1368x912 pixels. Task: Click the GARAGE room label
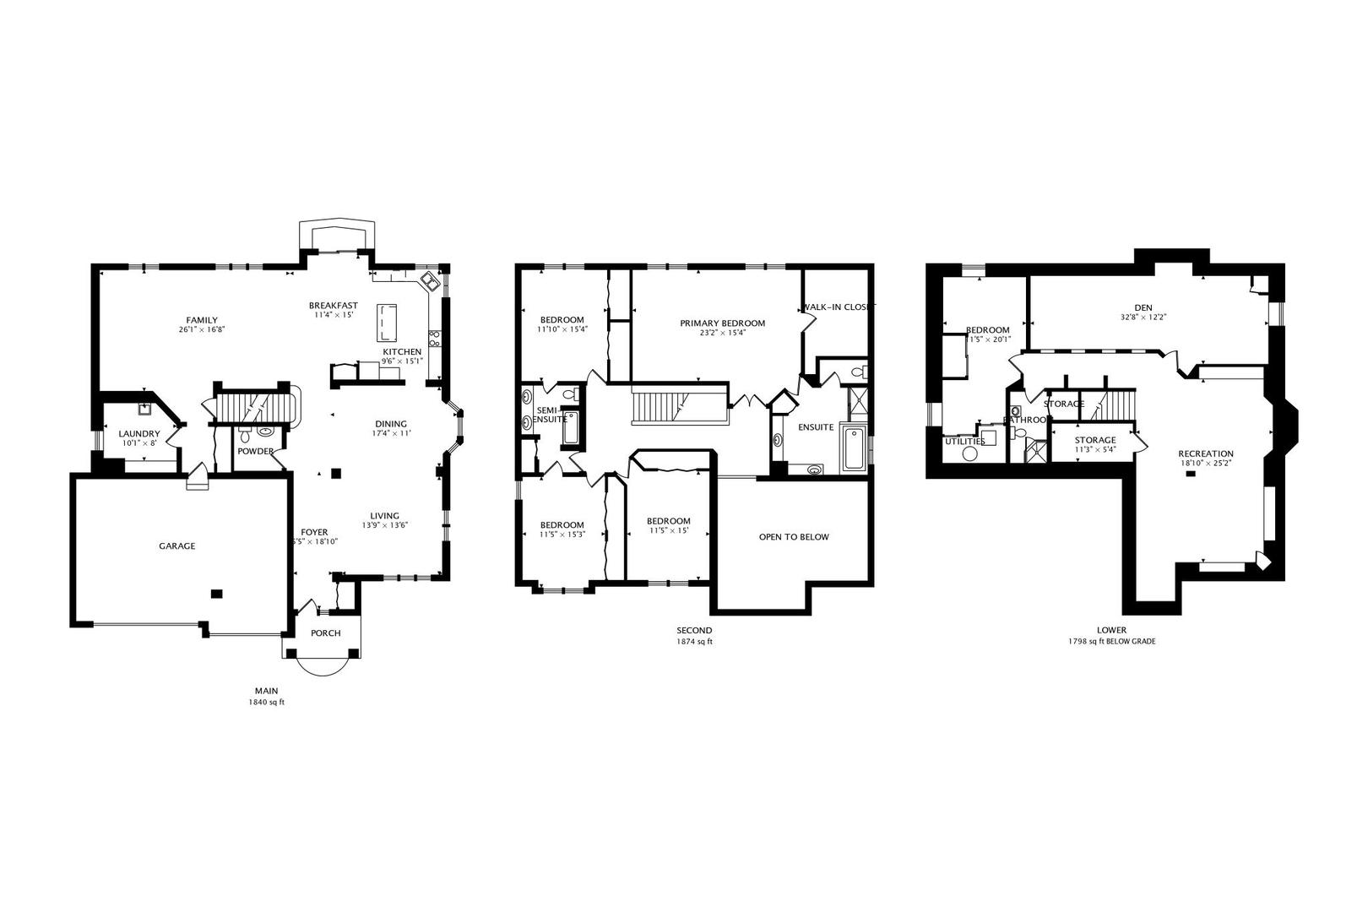pyautogui.click(x=177, y=546)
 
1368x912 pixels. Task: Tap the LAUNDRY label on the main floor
pyautogui.click(x=138, y=433)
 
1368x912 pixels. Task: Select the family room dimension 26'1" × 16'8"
pyautogui.click(x=202, y=330)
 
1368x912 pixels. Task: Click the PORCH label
pyautogui.click(x=326, y=633)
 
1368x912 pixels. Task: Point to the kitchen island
pyautogui.click(x=388, y=321)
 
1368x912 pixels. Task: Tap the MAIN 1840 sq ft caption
pyautogui.click(x=266, y=697)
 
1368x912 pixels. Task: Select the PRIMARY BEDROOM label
pyautogui.click(x=723, y=323)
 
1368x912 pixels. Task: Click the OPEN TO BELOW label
pyautogui.click(x=794, y=537)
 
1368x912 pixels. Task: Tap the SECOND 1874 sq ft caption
pyautogui.click(x=694, y=636)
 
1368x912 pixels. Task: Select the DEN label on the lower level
pyautogui.click(x=1143, y=307)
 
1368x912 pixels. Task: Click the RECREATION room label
pyautogui.click(x=1206, y=453)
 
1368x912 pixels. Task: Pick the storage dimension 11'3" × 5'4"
pyautogui.click(x=1095, y=450)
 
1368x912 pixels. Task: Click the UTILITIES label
pyautogui.click(x=964, y=441)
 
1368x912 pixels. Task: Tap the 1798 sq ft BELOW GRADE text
pyautogui.click(x=1111, y=642)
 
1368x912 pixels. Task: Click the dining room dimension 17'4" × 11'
pyautogui.click(x=391, y=433)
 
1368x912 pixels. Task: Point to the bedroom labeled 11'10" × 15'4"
pyautogui.click(x=562, y=324)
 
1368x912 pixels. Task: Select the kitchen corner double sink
pyautogui.click(x=428, y=280)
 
